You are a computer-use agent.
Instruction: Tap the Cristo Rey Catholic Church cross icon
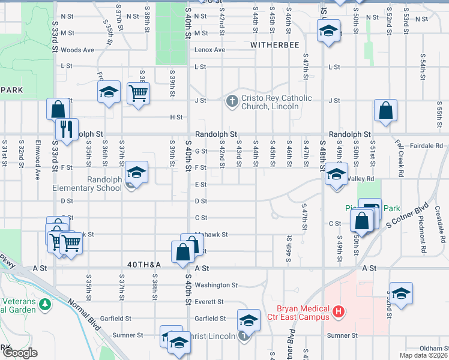[x=232, y=101]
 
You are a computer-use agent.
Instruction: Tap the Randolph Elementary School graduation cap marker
[x=136, y=173]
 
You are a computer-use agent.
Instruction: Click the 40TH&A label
[x=145, y=265]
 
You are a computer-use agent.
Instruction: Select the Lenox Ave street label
[x=209, y=50]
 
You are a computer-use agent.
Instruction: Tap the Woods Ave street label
[x=77, y=50]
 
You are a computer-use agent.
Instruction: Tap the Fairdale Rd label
[x=428, y=146]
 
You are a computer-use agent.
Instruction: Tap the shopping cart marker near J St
[x=139, y=93]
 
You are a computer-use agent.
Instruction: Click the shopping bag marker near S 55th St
[x=385, y=110]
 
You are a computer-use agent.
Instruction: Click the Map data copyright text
[x=421, y=355]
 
